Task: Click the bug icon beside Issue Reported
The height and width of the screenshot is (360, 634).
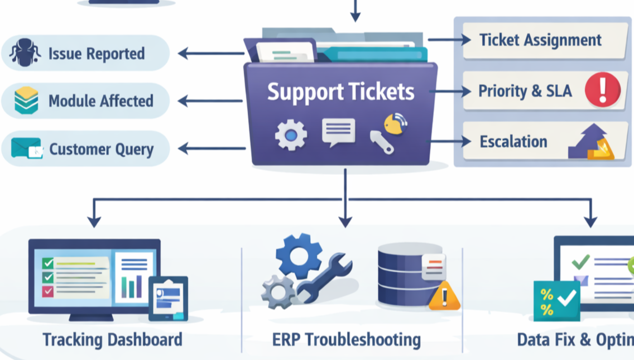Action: (25, 53)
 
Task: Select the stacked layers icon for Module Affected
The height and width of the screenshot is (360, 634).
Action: (26, 100)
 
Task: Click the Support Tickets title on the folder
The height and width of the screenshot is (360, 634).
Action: (340, 92)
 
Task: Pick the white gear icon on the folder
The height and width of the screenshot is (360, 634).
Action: (291, 135)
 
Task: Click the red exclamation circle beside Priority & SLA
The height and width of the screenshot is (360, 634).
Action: (603, 90)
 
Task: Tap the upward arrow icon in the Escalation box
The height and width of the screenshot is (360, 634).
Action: (592, 142)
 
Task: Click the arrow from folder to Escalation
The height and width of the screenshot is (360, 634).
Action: (450, 141)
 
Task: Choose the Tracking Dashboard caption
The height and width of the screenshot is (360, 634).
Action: (112, 339)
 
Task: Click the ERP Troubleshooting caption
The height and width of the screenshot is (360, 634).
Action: (346, 339)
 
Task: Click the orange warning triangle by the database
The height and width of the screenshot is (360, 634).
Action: (444, 296)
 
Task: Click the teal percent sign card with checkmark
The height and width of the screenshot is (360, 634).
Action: (556, 300)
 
